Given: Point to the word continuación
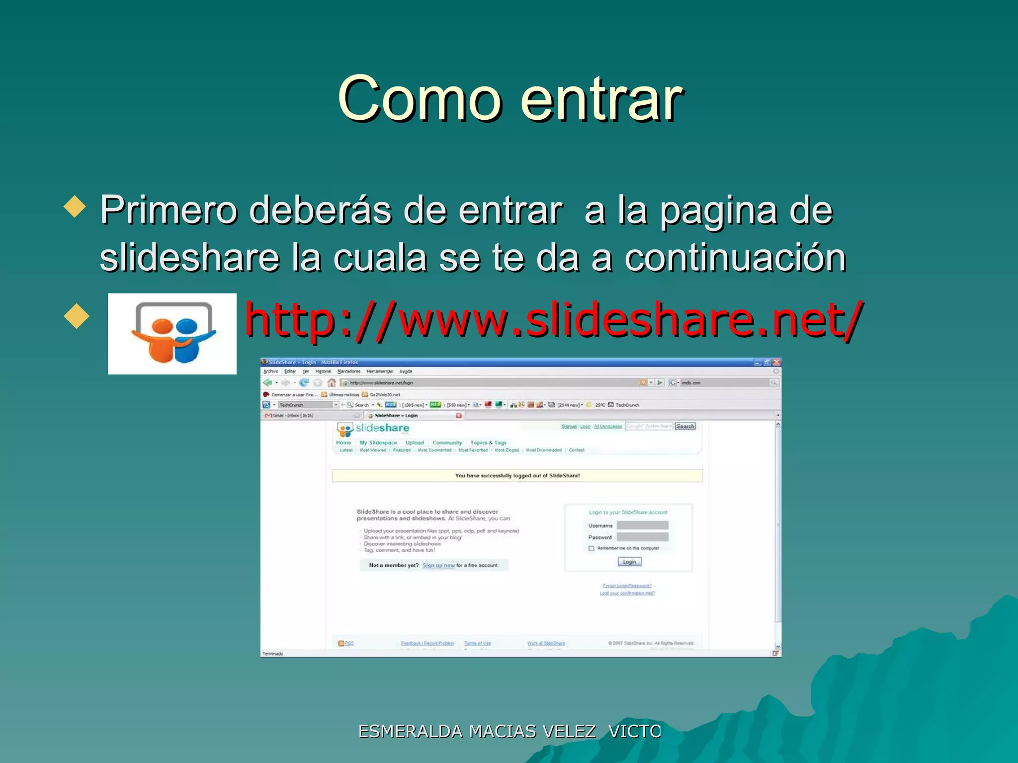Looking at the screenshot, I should point(735,258).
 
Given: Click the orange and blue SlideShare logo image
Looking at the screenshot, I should point(172,333).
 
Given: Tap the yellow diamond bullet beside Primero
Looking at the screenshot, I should point(76,206).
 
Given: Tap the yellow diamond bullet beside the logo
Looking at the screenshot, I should point(77,316).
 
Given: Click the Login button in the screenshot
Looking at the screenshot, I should point(629,562).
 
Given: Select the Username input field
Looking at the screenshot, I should point(642,526).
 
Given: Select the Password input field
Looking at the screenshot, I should point(642,537).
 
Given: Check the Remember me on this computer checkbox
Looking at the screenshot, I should point(592,548).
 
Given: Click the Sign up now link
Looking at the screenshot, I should point(438,565).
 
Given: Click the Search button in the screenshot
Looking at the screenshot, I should point(685,426).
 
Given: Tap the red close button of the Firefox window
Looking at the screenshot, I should point(776,362).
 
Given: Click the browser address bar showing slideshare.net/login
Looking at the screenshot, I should point(492,382).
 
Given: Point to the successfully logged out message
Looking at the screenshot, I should point(517,476).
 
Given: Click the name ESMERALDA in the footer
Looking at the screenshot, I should point(411,732).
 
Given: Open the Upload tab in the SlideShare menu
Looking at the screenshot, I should point(415,443).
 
